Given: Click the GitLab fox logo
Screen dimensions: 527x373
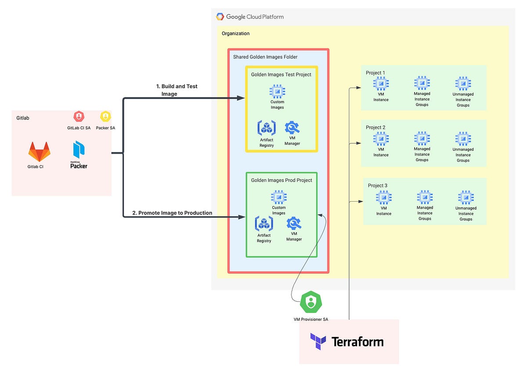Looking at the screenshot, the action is (39, 152).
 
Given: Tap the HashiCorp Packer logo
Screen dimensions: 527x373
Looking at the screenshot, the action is (79, 155).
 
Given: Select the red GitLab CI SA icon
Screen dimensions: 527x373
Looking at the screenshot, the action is (79, 116).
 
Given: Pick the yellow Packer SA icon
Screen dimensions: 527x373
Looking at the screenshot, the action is (105, 116).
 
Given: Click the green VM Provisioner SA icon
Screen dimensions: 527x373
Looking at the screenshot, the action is (311, 302).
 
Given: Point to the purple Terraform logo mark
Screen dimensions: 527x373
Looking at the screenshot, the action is (318, 341).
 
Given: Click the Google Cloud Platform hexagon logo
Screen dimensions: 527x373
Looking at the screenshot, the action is (220, 17).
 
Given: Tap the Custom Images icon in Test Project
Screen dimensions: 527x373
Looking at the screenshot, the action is (278, 91).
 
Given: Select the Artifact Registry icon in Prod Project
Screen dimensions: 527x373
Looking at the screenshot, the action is (264, 224).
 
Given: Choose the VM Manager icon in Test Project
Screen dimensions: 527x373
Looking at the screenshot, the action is (292, 127).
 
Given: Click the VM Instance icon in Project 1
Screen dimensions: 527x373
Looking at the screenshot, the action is (381, 83).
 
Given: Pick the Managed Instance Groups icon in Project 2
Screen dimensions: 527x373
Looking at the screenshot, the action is (422, 138).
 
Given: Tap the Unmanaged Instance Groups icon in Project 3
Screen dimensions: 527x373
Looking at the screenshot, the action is (466, 197).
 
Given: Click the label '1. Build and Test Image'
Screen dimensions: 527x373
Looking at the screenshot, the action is (177, 90).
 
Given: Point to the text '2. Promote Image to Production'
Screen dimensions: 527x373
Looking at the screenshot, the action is (172, 213).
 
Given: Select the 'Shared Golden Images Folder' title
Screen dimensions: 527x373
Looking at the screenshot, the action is (265, 57).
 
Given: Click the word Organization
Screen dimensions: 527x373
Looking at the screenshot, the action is (235, 33).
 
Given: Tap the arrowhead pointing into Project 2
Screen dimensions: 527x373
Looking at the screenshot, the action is (358, 143).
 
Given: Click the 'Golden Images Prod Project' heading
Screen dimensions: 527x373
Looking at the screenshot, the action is (282, 180).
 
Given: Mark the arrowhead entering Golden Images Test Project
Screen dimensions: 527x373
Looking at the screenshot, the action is (241, 98).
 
